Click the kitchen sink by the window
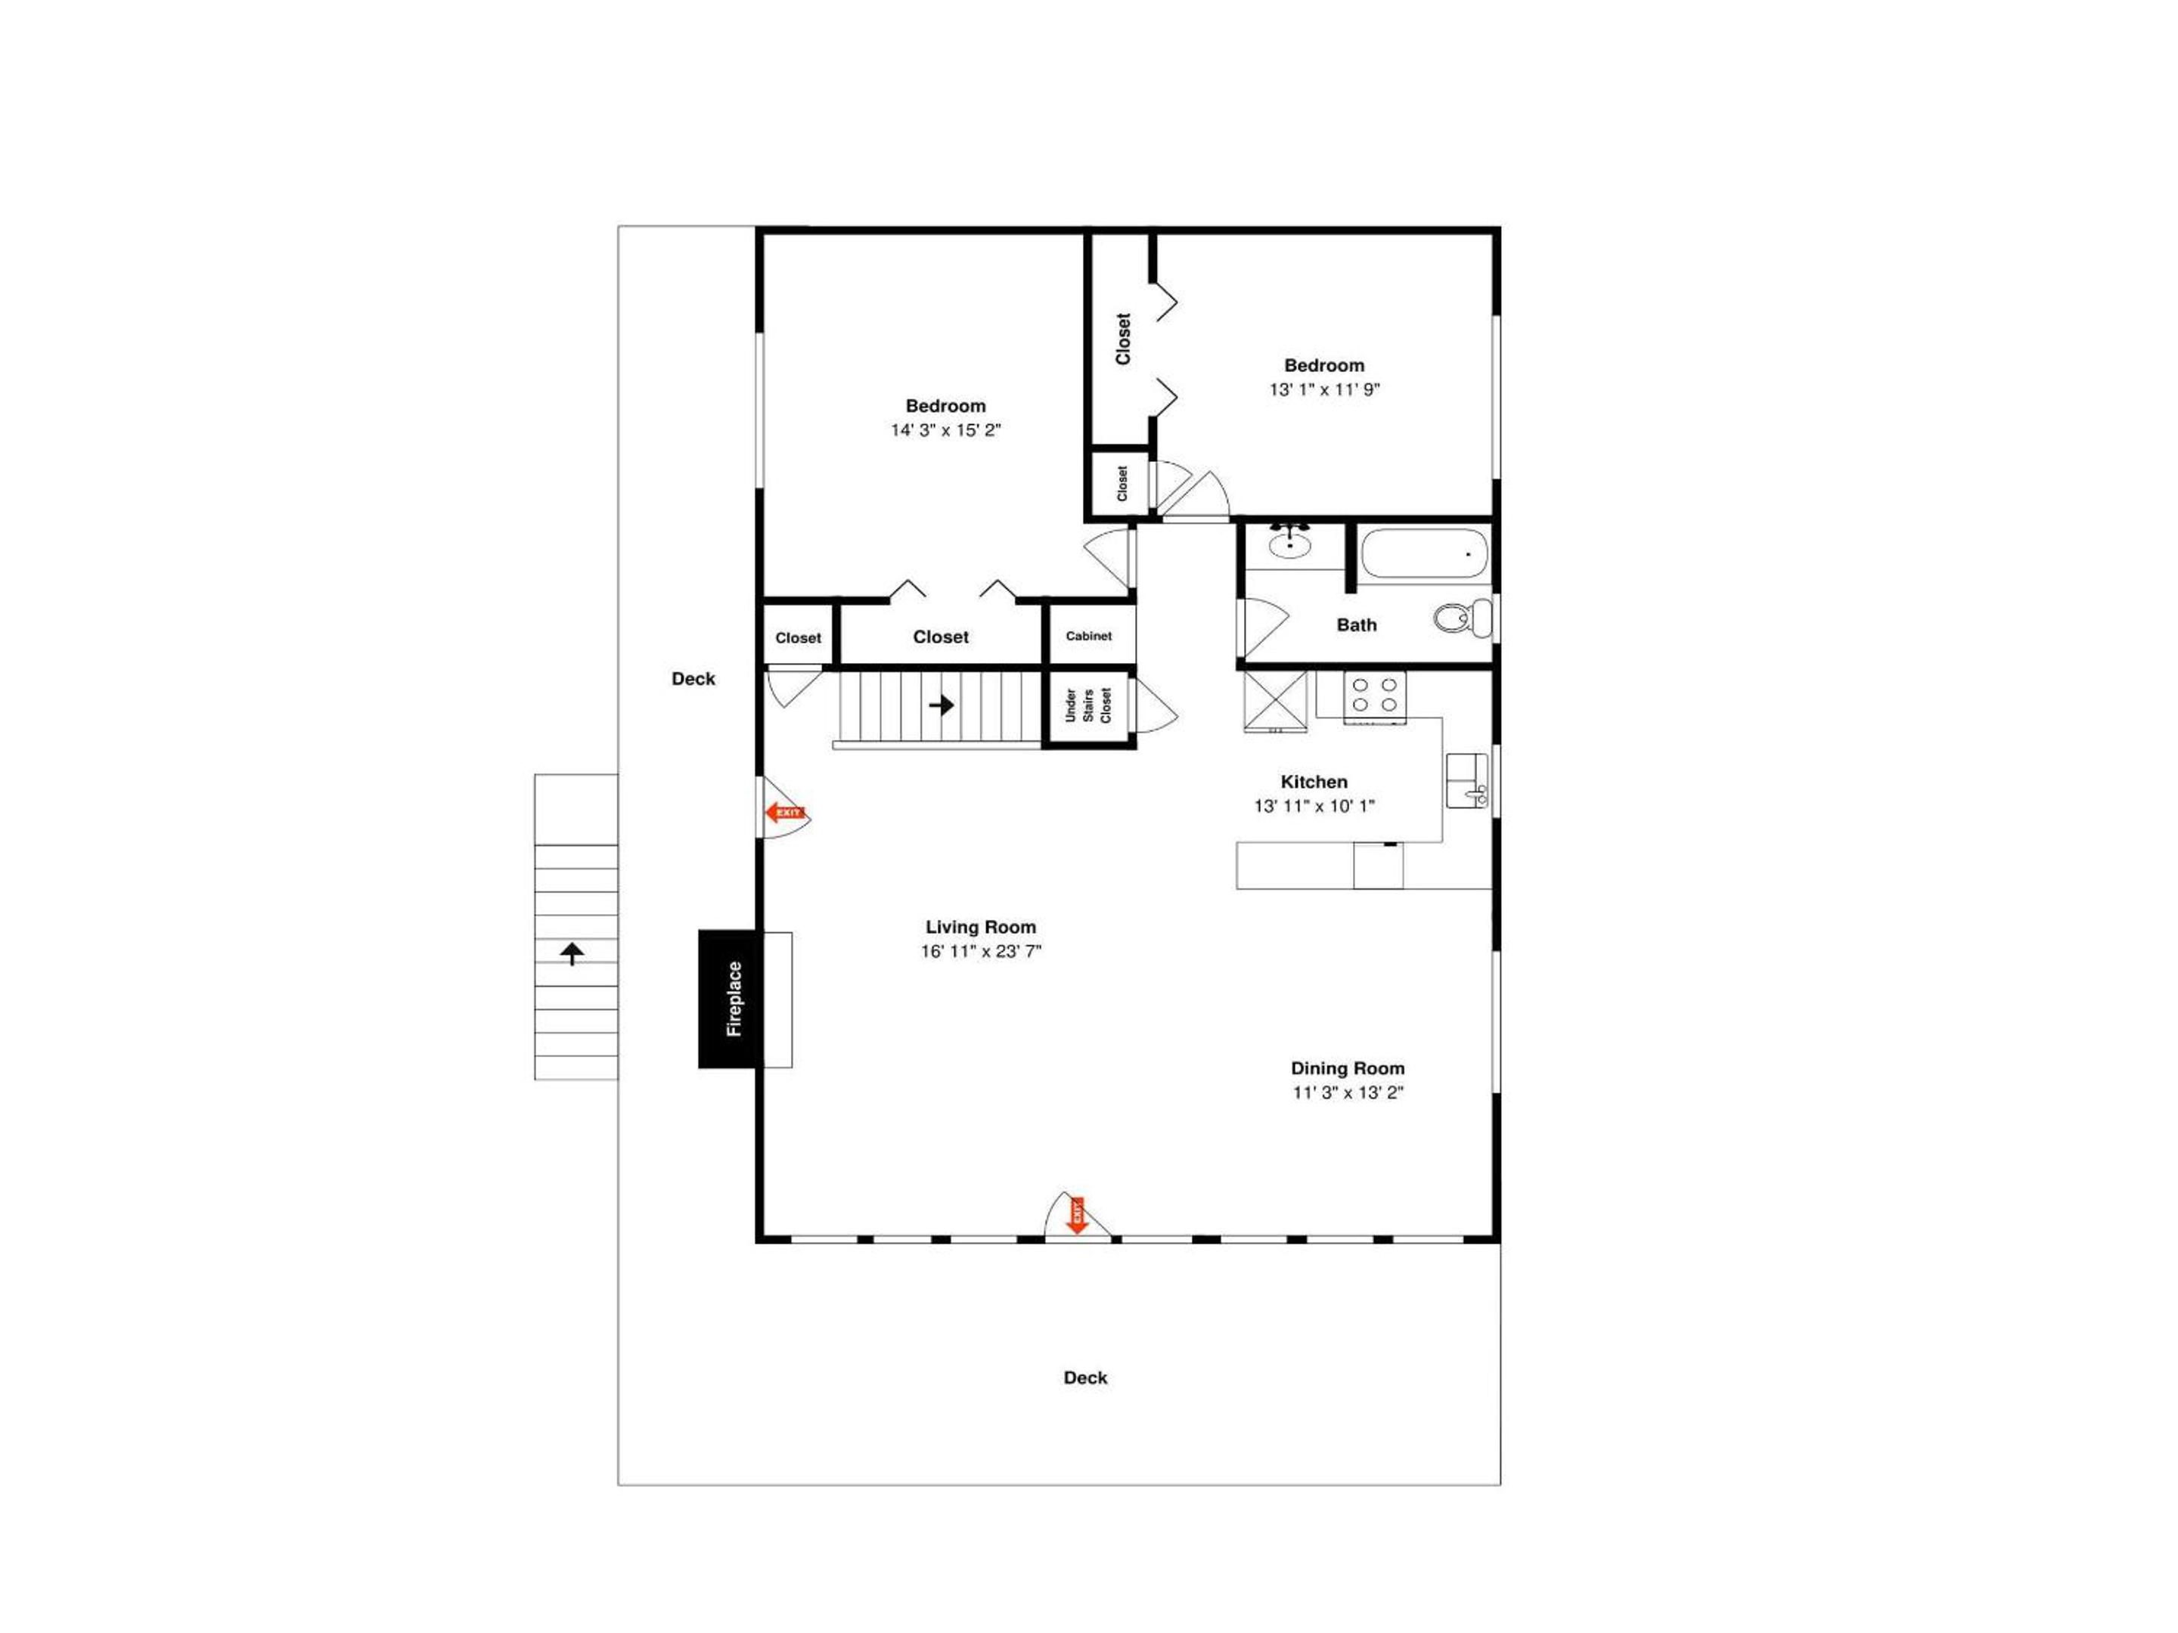(x=1466, y=780)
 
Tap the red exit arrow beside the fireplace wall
(x=786, y=812)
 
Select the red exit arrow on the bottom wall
(x=1077, y=1215)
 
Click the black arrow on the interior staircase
(x=942, y=705)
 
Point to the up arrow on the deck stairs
(x=572, y=953)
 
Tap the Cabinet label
(x=1088, y=636)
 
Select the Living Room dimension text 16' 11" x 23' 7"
(x=981, y=951)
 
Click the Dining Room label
(x=1347, y=1068)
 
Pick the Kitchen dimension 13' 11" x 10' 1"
(x=1314, y=805)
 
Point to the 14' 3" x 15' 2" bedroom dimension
(x=945, y=430)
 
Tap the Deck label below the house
(x=1085, y=1377)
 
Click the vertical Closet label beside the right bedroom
(x=1122, y=339)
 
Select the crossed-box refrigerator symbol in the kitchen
(x=1275, y=701)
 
